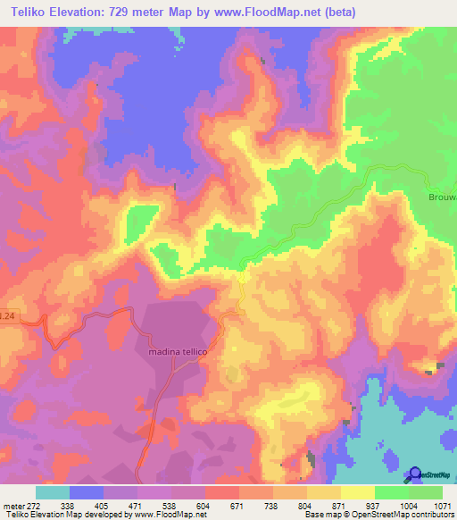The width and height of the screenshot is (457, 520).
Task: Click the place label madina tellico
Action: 173,352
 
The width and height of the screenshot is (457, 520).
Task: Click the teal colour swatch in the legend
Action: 53,492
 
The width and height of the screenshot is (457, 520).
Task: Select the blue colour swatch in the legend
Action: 87,492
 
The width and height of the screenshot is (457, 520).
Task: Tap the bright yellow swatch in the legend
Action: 358,492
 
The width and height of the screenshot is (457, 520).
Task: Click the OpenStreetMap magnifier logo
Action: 414,474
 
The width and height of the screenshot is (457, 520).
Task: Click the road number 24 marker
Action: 7,316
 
